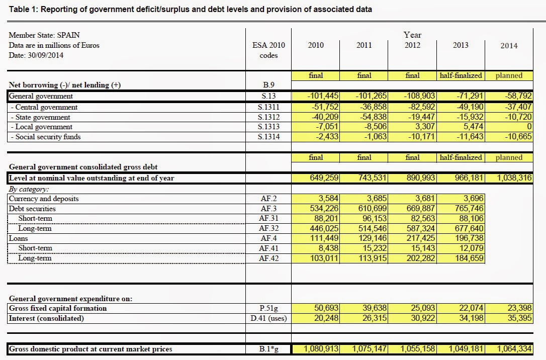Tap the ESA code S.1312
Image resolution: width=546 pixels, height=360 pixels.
tap(268, 117)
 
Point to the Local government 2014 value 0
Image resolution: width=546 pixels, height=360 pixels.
tap(529, 127)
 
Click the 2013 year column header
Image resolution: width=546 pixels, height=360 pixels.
tap(460, 45)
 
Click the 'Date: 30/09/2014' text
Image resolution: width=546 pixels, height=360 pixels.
tap(36, 55)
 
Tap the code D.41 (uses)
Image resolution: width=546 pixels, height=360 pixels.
tap(268, 318)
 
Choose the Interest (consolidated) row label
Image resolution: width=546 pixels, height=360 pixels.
tap(46, 318)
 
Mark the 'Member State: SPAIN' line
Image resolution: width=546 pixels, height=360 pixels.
tap(44, 36)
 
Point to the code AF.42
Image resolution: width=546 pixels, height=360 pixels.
tap(268, 258)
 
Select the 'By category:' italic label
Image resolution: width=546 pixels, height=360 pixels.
tap(29, 190)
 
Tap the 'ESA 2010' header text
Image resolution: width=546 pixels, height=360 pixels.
tap(268, 45)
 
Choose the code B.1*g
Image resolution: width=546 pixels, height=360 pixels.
tap(268, 349)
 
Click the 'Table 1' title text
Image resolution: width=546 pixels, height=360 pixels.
tap(191, 10)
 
